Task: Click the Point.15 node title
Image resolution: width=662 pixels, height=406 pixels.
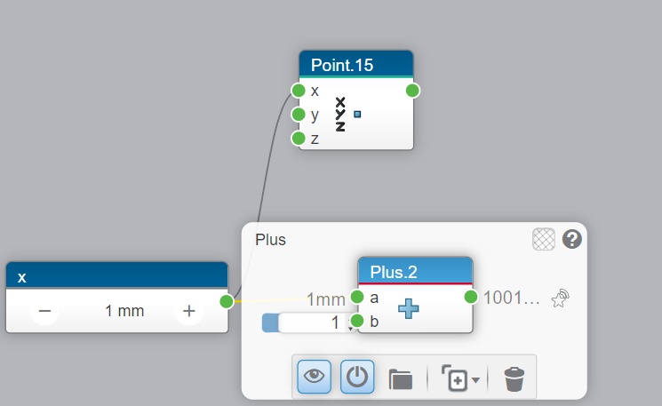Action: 342,65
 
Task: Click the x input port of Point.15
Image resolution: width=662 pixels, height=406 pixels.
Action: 299,91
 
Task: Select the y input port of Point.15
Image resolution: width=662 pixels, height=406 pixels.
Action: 299,115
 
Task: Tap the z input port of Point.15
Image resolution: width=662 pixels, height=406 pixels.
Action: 299,139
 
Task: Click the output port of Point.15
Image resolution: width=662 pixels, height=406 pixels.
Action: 412,91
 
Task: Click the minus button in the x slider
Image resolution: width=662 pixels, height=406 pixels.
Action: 44,312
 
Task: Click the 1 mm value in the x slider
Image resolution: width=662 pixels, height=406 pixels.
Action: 124,312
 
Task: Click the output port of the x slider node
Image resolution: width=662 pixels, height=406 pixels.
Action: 227,301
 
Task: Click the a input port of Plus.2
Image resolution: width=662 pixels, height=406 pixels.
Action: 357,297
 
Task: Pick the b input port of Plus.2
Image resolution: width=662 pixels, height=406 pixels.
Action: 357,321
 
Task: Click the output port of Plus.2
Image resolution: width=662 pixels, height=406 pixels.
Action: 472,297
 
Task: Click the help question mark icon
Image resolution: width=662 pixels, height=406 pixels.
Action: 571,238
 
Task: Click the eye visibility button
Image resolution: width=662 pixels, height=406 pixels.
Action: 315,377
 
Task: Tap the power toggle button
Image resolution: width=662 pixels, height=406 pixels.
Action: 357,377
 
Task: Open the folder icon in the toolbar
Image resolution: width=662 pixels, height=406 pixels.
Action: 401,378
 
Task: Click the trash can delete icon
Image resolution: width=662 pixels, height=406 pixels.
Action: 514,378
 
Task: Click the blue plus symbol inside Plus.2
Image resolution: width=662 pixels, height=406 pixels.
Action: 409,309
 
